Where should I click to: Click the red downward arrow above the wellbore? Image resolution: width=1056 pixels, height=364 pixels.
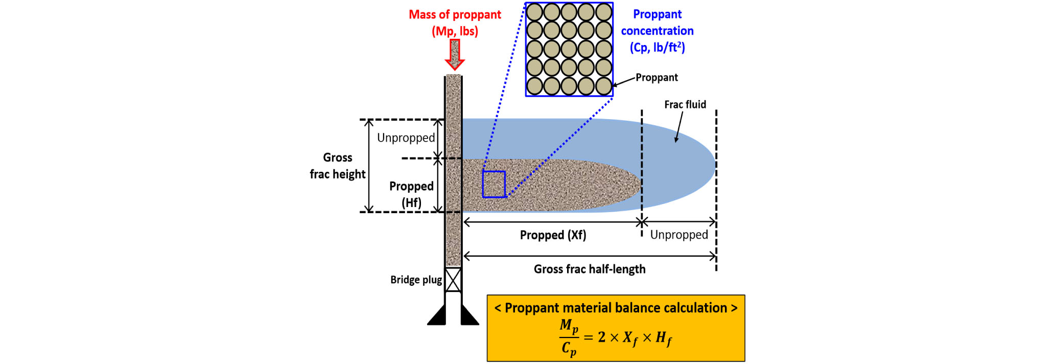(x=454, y=54)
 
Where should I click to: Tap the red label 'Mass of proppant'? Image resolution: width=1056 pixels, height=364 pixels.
(x=455, y=15)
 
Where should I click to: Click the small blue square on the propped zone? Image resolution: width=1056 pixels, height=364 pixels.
(x=494, y=184)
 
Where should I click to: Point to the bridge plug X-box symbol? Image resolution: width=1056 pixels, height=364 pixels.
(x=453, y=280)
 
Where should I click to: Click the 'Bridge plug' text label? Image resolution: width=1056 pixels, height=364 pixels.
(x=416, y=280)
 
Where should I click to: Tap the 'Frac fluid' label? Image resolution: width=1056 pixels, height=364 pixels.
(x=685, y=105)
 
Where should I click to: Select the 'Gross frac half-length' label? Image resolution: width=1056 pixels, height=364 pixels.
(x=590, y=269)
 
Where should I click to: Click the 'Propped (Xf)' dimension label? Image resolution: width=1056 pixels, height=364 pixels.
(x=553, y=235)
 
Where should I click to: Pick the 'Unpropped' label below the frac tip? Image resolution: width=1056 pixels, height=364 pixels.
(x=679, y=235)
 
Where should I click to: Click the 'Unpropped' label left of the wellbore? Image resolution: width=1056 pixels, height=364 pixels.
(x=406, y=138)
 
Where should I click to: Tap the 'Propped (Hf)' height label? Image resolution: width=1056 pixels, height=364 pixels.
(x=411, y=194)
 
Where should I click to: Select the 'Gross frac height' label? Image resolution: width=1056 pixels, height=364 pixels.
(x=337, y=166)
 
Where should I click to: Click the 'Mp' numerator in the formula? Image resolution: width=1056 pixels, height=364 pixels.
(x=569, y=326)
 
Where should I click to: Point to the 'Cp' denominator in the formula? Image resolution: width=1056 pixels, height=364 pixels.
(x=569, y=349)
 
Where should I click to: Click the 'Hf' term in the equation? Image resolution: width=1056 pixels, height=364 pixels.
(x=664, y=338)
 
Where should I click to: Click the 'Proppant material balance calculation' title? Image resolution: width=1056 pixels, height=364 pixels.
(x=616, y=308)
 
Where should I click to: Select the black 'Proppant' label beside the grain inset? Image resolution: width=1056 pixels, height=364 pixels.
(x=656, y=78)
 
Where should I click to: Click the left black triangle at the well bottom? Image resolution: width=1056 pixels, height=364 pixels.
(x=438, y=316)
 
